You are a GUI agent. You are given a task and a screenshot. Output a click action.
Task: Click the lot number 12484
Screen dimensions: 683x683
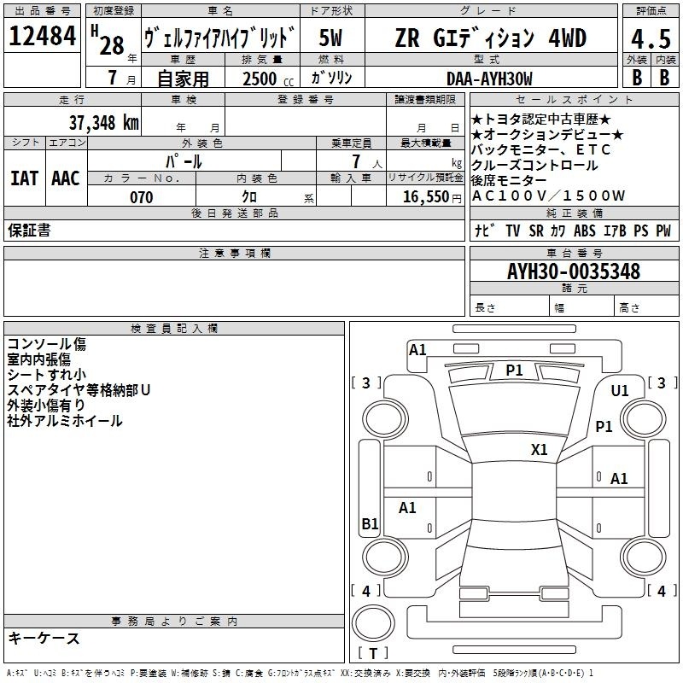click(42, 36)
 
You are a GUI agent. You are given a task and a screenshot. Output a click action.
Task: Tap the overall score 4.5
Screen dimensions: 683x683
click(651, 39)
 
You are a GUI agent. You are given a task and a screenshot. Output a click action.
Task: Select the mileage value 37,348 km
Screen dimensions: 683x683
click(104, 122)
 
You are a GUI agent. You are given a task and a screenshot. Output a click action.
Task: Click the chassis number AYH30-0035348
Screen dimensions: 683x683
click(574, 271)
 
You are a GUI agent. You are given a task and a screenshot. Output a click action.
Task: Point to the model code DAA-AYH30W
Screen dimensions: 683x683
click(489, 79)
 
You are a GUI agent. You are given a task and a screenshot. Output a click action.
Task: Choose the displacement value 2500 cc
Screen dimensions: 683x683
click(268, 79)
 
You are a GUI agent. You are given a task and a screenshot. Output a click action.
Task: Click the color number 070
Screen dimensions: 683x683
click(142, 197)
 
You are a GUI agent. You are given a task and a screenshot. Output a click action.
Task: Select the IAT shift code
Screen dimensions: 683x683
click(25, 178)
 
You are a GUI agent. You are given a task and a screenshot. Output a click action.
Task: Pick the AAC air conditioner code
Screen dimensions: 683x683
click(66, 178)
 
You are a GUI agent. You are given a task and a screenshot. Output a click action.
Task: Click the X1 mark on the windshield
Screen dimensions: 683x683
click(539, 450)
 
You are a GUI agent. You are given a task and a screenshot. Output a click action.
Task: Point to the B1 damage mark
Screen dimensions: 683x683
click(370, 523)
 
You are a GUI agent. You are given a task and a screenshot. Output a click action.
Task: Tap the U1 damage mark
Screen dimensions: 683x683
click(620, 391)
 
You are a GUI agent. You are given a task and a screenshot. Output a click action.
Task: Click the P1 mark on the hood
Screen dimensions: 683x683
click(514, 371)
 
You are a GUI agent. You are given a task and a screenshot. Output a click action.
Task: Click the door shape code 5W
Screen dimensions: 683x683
click(330, 38)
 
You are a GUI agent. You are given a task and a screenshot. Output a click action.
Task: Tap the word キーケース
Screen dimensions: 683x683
click(44, 638)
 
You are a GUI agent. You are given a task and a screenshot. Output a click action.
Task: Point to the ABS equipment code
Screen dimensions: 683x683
click(585, 231)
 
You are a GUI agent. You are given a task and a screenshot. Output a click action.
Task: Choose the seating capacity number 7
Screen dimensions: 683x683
click(356, 161)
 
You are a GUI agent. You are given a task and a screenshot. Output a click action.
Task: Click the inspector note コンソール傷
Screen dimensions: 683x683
click(47, 344)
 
